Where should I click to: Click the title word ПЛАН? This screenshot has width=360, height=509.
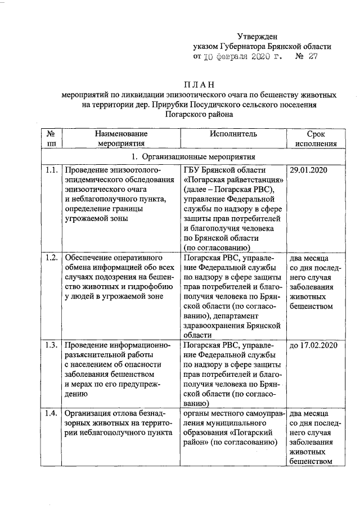click(199, 84)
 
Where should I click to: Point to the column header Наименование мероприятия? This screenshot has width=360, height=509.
click(121, 138)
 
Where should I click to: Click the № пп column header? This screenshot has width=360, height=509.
click(52, 138)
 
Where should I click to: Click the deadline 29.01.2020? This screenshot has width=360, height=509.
click(308, 170)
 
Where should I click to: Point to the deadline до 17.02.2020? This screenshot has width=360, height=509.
click(312, 344)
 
